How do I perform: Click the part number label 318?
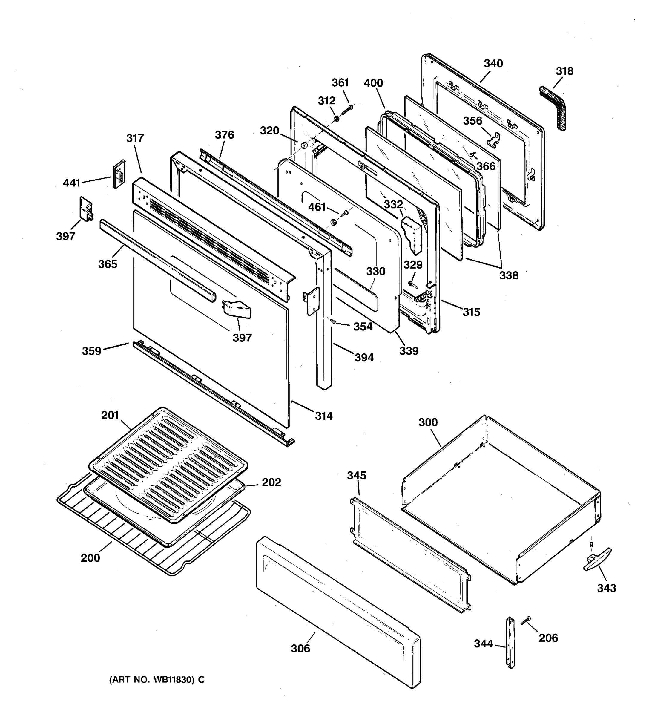[x=564, y=71]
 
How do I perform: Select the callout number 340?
[x=493, y=63]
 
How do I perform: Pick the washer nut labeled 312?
[x=336, y=118]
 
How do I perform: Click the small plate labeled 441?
[x=119, y=174]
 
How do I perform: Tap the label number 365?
[x=108, y=264]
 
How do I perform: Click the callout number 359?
[x=92, y=351]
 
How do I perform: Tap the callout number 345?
[x=356, y=475]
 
